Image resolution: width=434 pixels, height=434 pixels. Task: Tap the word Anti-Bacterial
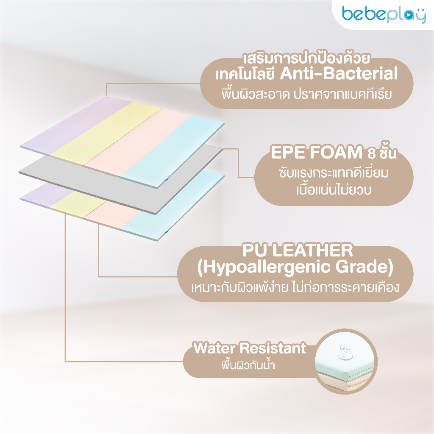pos(339,74)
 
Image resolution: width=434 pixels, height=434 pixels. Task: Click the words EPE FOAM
pos(317,152)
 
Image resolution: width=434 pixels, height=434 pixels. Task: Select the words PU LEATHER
pos(298,250)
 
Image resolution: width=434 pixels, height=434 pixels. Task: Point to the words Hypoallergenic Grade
pos(295,267)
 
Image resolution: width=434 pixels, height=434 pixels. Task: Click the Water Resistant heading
pos(250,348)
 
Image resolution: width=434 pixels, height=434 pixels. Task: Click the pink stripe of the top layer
pos(137,142)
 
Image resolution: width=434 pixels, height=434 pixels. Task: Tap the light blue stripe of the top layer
pos(172,151)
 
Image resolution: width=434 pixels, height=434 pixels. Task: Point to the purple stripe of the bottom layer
pos(42,194)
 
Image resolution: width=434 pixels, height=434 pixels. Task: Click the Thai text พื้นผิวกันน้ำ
pos(248,365)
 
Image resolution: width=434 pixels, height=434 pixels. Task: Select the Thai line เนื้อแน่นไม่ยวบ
pos(334,190)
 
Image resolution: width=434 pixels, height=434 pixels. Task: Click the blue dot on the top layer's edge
pos(166,180)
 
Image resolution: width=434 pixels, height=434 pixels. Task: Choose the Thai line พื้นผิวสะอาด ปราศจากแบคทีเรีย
pos(307,94)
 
